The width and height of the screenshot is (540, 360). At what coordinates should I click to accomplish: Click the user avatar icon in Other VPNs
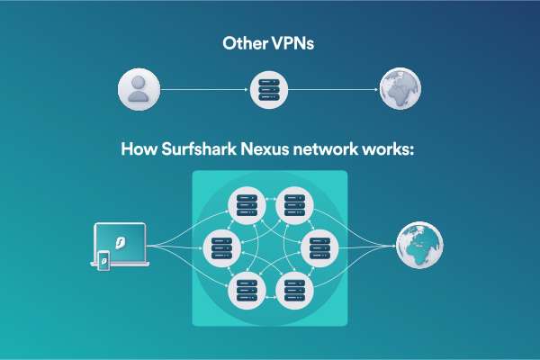pos(139,90)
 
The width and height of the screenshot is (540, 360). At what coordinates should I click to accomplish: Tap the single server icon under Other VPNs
pos(267,90)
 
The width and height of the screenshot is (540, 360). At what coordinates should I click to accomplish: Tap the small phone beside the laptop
pos(104,261)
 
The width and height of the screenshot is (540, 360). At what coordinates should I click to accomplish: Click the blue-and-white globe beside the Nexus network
pos(420,244)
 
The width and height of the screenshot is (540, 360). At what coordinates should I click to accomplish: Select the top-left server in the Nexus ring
pos(245,206)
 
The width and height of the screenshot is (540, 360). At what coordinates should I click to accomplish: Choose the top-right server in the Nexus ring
pos(293,206)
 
